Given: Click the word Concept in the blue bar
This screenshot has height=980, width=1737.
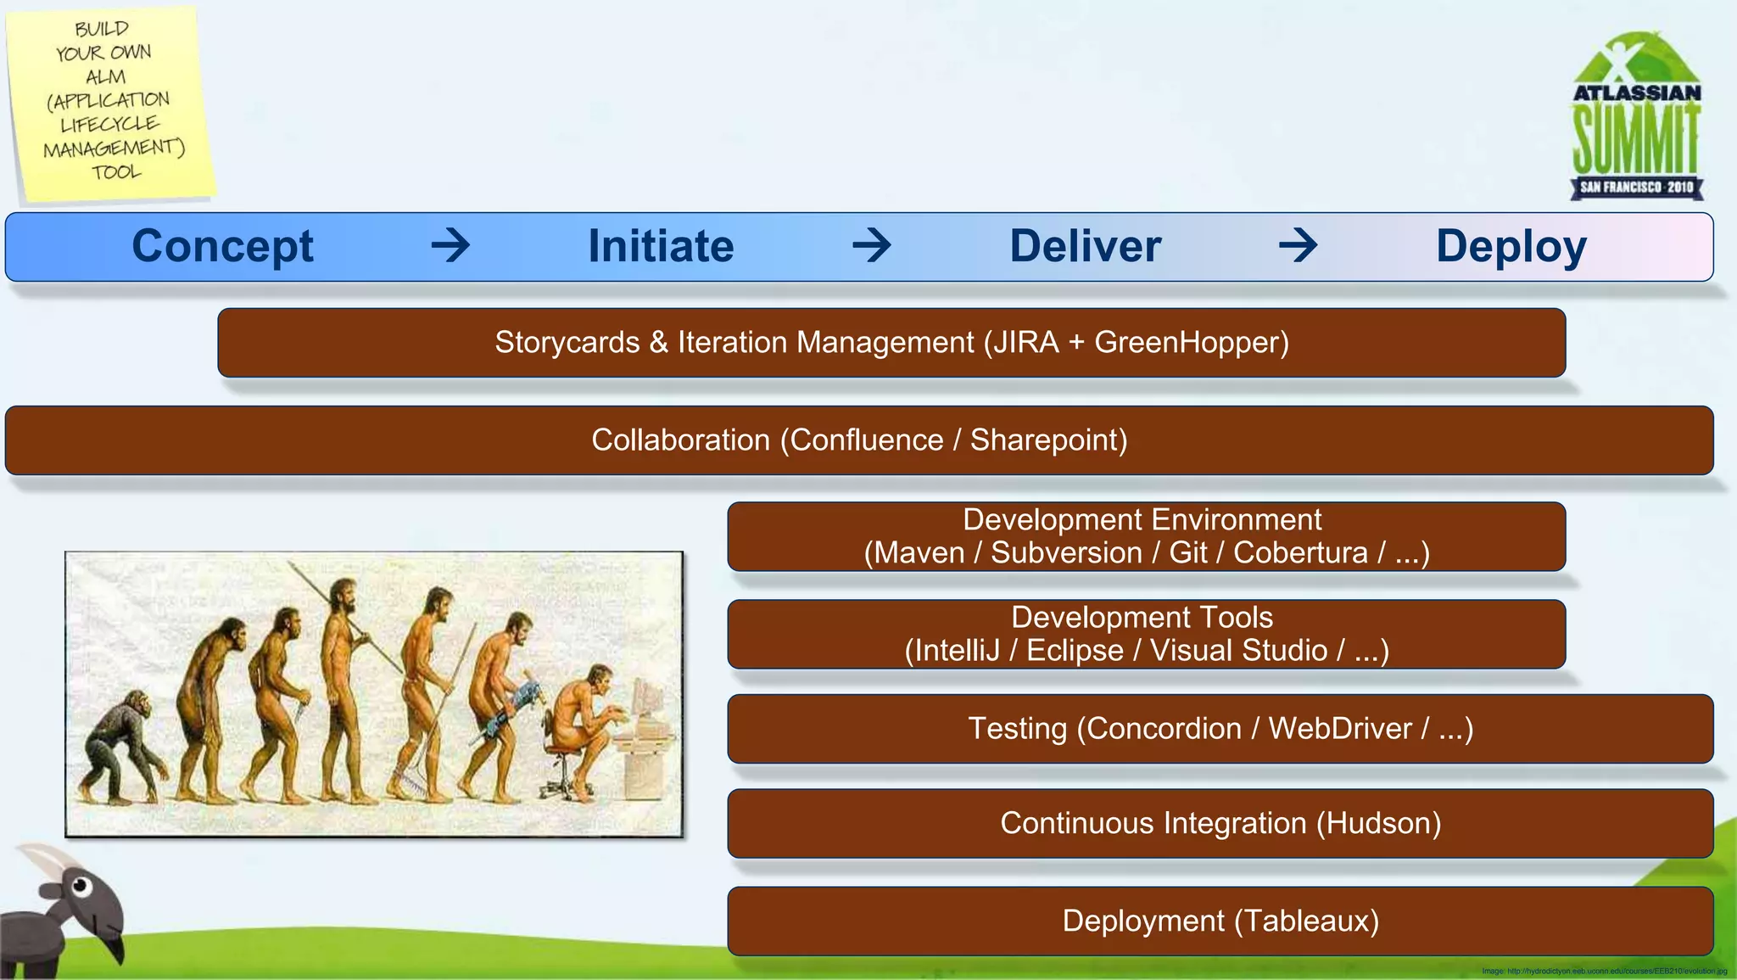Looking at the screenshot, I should point(222,247).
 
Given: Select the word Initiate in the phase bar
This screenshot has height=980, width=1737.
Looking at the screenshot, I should point(661,247).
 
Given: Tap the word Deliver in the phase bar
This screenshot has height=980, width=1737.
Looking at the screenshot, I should point(1085,247).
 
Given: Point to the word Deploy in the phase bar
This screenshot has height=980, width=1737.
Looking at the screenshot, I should point(1511,247).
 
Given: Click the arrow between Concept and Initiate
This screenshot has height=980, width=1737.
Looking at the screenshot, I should point(450,246).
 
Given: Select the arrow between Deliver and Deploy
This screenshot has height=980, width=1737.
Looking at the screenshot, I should point(1298,246).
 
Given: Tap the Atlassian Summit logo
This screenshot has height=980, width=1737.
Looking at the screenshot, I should point(1636,119).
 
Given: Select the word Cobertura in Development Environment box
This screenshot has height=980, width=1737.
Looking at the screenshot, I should point(1299,553).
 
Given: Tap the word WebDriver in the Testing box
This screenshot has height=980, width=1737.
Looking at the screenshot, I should point(1339,729).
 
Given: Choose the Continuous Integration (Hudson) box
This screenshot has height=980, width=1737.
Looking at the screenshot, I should point(1220,824).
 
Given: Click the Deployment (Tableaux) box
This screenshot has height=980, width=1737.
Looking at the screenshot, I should point(1220,921).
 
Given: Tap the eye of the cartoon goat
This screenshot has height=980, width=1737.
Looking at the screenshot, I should point(81,887).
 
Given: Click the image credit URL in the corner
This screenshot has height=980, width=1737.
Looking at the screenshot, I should point(1604,972).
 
